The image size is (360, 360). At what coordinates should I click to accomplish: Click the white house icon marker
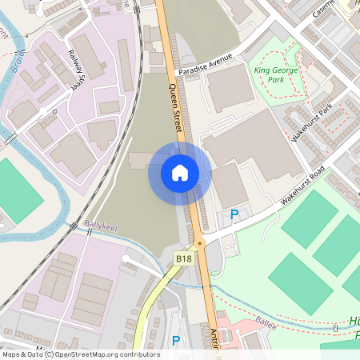(x=180, y=173)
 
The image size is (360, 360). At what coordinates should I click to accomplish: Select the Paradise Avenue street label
(x=205, y=62)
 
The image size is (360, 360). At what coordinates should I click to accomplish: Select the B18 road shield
(x=183, y=258)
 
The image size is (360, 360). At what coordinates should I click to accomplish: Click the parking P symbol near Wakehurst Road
(x=234, y=214)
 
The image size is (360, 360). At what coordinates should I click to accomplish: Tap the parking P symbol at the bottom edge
(x=176, y=341)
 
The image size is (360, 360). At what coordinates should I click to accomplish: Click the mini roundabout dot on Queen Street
(x=200, y=242)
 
